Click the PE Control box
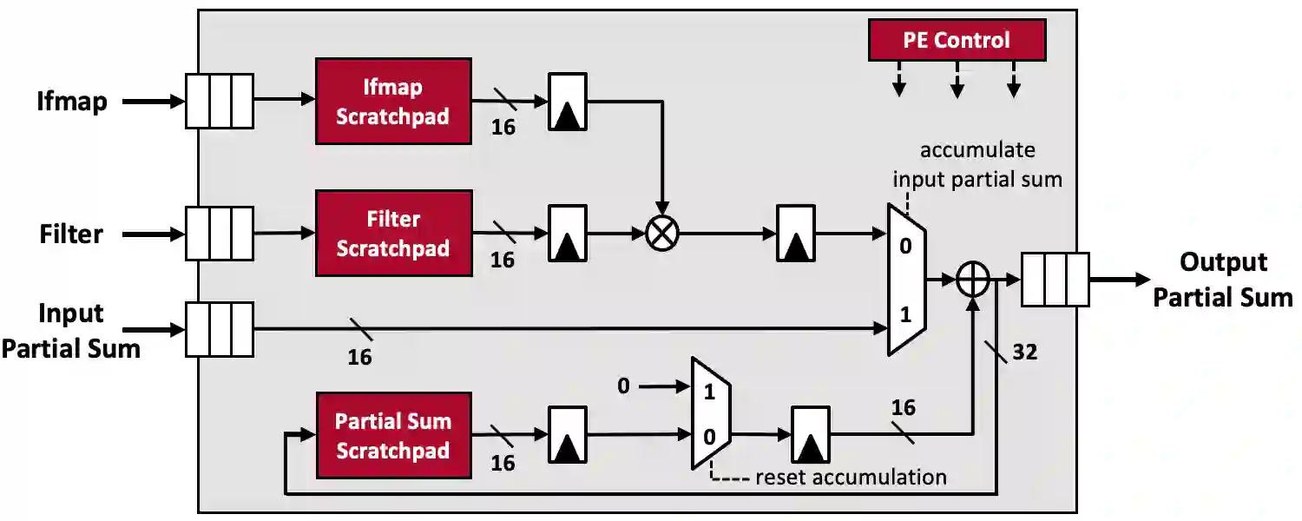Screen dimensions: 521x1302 tap(957, 40)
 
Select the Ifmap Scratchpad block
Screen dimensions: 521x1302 tap(393, 101)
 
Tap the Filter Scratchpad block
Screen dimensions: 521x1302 tap(393, 234)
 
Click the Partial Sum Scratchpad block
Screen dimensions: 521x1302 tap(393, 435)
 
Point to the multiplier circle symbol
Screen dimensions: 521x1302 tap(662, 233)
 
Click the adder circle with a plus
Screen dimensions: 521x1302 tap(973, 280)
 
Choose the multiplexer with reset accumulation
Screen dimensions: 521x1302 tap(710, 412)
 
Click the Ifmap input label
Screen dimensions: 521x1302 tap(72, 102)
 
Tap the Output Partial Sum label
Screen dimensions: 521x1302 tap(1222, 280)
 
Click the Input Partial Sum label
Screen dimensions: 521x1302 tap(71, 330)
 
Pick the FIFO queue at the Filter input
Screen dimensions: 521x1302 tap(220, 234)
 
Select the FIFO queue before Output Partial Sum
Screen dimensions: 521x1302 tap(1055, 280)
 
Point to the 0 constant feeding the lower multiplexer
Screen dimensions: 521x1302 tap(623, 386)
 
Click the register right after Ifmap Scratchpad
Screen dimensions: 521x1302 tap(568, 102)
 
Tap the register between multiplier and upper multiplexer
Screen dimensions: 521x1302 tap(796, 234)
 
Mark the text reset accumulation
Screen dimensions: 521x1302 tap(850, 477)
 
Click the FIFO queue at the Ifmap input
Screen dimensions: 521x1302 tap(220, 102)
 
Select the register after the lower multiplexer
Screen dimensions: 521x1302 tap(810, 435)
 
